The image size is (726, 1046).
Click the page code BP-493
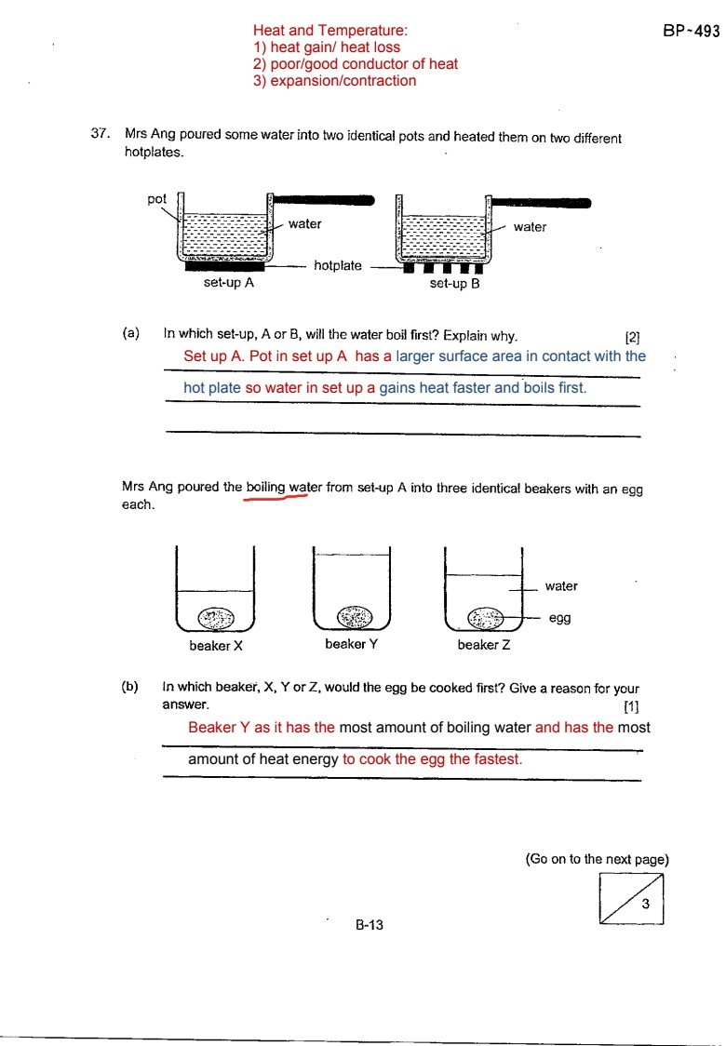pos(692,31)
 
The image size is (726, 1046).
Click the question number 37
pos(101,134)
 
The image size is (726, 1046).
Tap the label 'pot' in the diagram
pos(156,198)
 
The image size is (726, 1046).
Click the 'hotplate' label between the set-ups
pos(337,266)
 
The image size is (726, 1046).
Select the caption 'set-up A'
pos(229,284)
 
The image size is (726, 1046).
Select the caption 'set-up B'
pos(454,284)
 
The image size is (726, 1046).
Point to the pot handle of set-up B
pos(541,202)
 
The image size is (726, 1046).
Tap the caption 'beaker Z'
pos(483,644)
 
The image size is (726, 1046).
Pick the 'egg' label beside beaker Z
pos(559,617)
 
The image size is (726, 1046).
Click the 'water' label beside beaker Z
pos(561,586)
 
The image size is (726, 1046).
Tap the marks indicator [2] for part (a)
pos(632,337)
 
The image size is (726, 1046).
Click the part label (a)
pos(130,331)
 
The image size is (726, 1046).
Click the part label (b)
pos(129,687)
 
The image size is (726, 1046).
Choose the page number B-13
pos(370,925)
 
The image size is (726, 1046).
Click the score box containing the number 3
pos(633,900)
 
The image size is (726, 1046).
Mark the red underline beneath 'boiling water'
pos(276,498)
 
